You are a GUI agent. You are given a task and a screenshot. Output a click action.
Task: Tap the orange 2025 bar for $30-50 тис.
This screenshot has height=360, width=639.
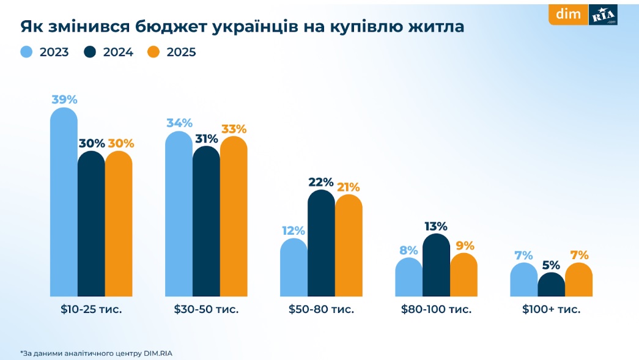[x=234, y=216]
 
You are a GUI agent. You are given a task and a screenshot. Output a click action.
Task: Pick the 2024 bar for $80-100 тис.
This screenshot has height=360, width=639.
[x=436, y=265]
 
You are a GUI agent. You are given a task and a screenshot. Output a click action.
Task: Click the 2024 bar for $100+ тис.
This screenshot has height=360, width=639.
[x=551, y=285]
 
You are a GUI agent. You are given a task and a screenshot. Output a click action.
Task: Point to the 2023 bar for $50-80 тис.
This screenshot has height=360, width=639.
[x=294, y=267]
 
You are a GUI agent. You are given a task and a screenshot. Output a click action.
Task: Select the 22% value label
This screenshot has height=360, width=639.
[x=321, y=182]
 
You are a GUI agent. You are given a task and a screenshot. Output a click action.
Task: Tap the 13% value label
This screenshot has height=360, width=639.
[x=435, y=226]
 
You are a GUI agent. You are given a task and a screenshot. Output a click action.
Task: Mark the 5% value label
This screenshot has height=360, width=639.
[x=551, y=265]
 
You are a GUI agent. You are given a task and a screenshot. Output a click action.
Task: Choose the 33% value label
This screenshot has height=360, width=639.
[x=234, y=129]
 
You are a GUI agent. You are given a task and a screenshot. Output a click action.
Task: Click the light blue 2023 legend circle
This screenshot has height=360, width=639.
[x=26, y=52]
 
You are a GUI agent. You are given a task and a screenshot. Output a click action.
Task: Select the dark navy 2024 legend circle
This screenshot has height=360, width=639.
[x=90, y=52]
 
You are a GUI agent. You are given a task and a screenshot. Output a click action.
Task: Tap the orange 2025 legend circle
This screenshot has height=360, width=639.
[x=153, y=52]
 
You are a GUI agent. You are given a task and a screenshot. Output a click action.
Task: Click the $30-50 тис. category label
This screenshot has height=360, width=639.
[x=206, y=309]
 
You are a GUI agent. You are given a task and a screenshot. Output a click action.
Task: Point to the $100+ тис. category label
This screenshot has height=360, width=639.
[x=551, y=309]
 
